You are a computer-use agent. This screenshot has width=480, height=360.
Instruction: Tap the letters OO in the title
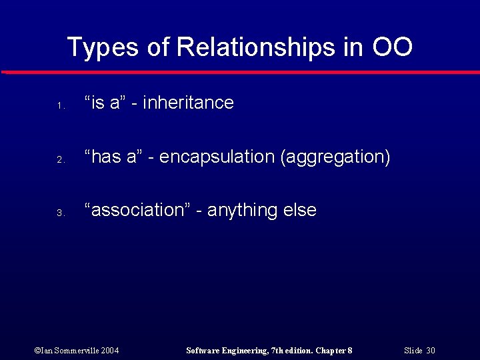[392, 47]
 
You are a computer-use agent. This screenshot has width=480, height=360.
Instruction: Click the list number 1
[59, 106]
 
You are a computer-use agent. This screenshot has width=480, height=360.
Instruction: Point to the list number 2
[59, 160]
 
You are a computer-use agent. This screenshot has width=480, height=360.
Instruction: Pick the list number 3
[59, 213]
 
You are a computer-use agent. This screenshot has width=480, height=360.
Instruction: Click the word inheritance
[188, 103]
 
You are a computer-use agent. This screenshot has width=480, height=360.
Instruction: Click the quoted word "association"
[139, 210]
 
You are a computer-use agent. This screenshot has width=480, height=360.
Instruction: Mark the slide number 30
[431, 350]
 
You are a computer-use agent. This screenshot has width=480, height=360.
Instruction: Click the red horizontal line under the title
[240, 72]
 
